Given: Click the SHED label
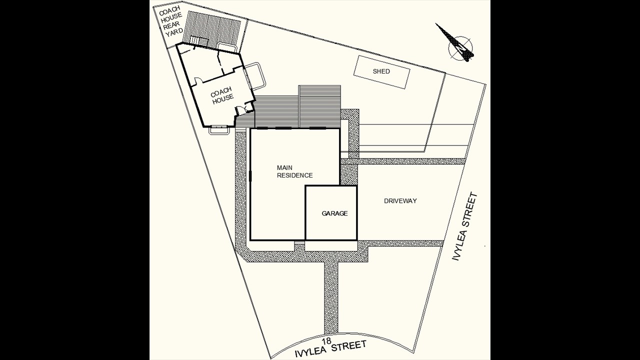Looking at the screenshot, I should pos(381,71).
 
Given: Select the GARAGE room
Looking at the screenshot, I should pos(331,213).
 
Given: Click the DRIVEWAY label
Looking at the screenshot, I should pos(400,201).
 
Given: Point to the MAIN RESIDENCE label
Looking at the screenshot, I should pos(294,171).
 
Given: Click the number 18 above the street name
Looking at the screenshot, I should pos(326,340).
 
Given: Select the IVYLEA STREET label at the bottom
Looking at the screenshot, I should pos(330,349).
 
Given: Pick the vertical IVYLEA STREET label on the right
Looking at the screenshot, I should pos(465,227).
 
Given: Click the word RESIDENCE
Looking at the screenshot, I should pos(294,175).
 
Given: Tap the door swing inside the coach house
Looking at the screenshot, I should pos(198,80).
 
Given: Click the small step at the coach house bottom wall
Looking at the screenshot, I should pos(219,129).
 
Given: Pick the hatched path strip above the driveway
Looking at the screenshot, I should pos(410,161).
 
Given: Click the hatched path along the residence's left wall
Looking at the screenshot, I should pos(240,190).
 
